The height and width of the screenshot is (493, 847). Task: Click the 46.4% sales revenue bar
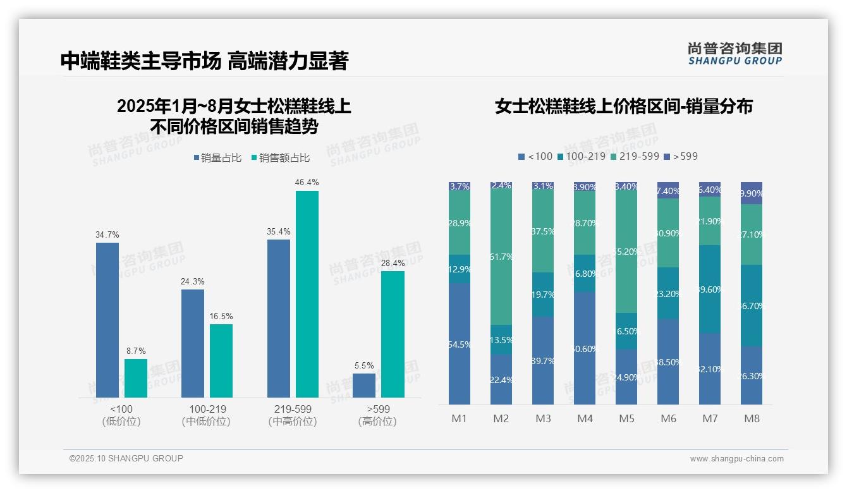pyautogui.click(x=307, y=294)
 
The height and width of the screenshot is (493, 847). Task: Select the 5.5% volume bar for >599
pyautogui.click(x=364, y=386)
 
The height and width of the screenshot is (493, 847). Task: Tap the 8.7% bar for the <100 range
pyautogui.click(x=136, y=378)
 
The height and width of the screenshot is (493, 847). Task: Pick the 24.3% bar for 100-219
pyautogui.click(x=193, y=343)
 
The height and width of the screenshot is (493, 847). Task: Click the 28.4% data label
pyautogui.click(x=393, y=263)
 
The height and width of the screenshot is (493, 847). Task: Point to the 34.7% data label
pyautogui.click(x=107, y=234)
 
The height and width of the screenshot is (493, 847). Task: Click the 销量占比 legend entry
pyautogui.click(x=217, y=158)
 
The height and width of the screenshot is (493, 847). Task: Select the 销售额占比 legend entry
pyautogui.click(x=280, y=158)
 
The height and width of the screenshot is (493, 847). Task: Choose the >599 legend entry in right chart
pyautogui.click(x=681, y=156)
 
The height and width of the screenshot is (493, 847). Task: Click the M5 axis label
pyautogui.click(x=626, y=418)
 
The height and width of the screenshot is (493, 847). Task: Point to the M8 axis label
pyautogui.click(x=752, y=418)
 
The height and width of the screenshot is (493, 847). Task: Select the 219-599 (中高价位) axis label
pyautogui.click(x=293, y=415)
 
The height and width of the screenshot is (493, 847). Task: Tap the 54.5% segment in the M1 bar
pyautogui.click(x=460, y=344)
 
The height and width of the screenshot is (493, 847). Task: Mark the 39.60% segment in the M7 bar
pyautogui.click(x=710, y=289)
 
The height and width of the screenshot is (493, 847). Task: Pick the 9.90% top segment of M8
pyautogui.click(x=752, y=193)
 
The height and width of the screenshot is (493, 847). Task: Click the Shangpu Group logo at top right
pyautogui.click(x=735, y=53)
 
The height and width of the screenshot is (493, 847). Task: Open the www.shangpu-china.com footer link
pyautogui.click(x=736, y=459)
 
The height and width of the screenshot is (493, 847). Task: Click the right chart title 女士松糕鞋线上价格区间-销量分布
pyautogui.click(x=624, y=106)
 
